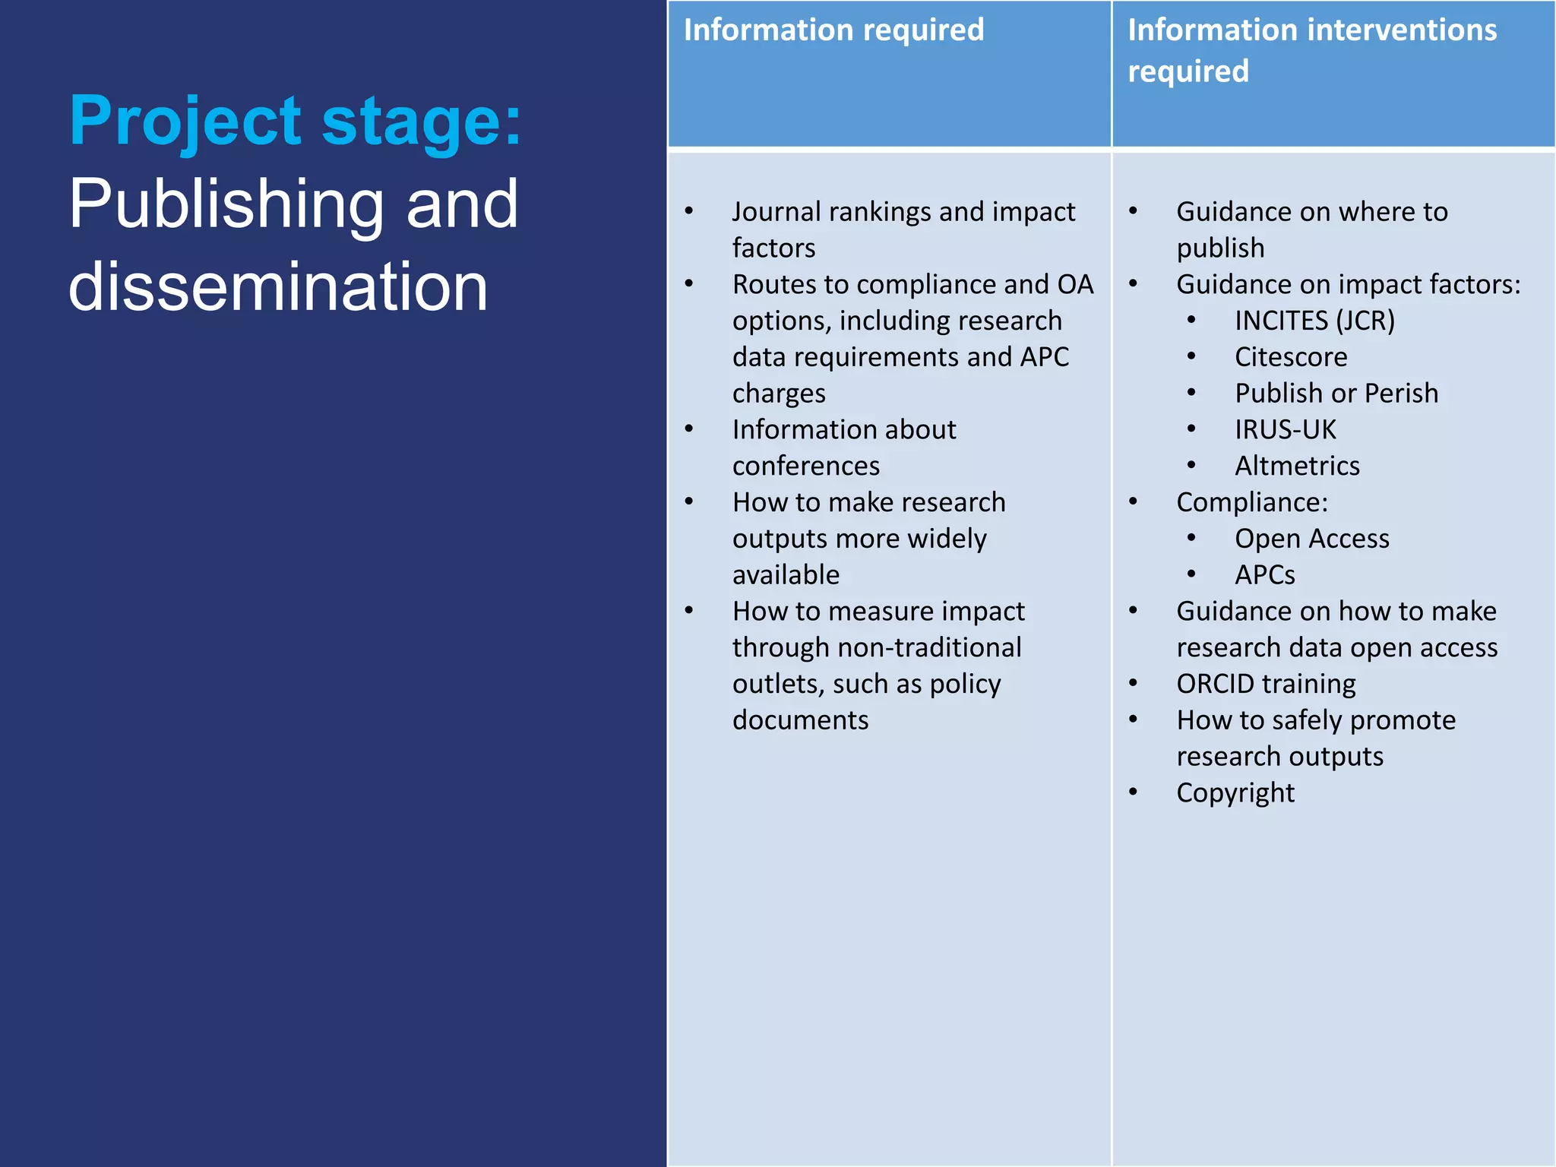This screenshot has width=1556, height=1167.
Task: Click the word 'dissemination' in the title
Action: (278, 286)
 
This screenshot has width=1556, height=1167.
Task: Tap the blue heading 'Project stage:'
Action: (296, 121)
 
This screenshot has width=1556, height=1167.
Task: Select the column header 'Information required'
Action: (833, 30)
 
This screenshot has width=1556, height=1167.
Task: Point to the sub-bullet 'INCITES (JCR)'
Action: (1314, 321)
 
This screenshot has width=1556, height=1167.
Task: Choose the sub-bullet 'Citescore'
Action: (1291, 357)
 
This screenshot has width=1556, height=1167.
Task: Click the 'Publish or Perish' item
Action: (1336, 394)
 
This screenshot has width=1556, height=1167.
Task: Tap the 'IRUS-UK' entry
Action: (1285, 430)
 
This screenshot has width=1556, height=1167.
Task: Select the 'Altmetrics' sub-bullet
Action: (1297, 466)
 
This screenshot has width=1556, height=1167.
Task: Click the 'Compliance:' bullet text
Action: (1252, 502)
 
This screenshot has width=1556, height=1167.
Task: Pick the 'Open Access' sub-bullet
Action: (1312, 539)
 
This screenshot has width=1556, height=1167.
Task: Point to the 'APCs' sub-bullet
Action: (1265, 575)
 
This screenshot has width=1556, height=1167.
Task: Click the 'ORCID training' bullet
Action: (1266, 684)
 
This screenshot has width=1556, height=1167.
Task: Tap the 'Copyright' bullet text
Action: (1235, 793)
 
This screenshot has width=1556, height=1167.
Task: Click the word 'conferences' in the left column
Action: (806, 466)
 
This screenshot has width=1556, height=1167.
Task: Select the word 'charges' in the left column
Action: (779, 394)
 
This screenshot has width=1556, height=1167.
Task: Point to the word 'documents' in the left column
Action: (800, 720)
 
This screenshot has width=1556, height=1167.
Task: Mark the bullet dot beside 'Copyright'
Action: (1133, 792)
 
